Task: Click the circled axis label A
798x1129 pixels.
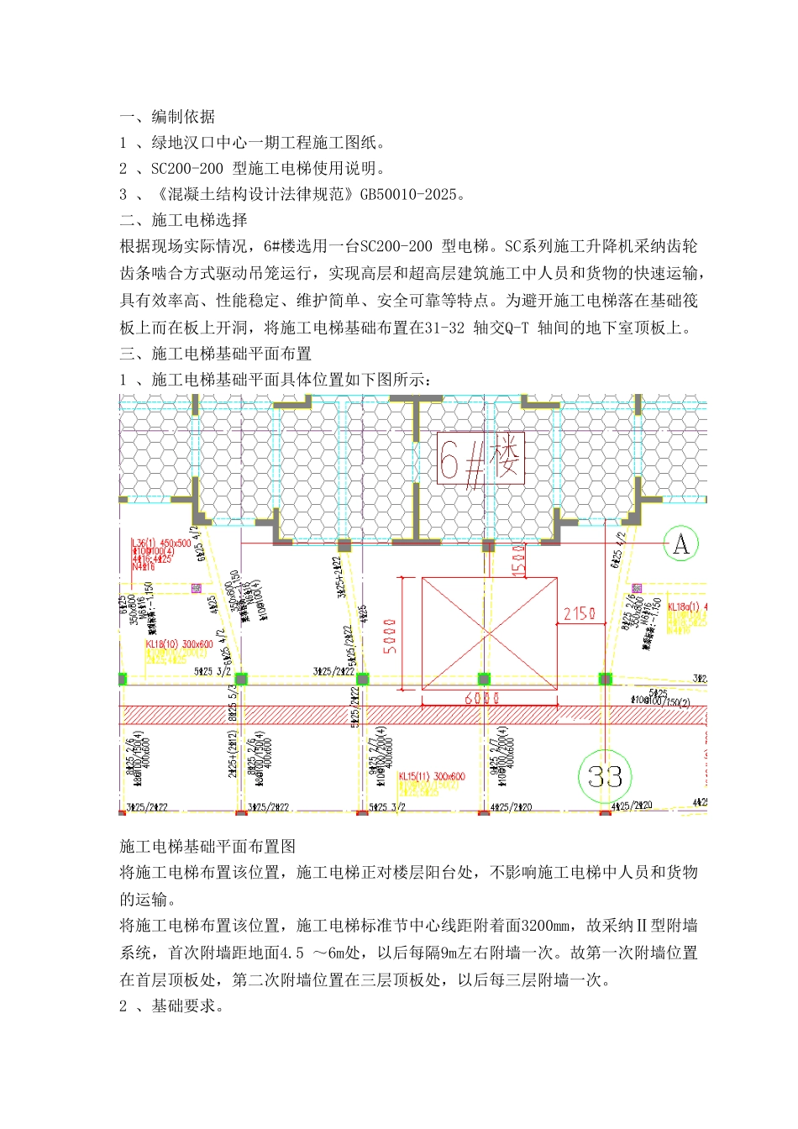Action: pyautogui.click(x=680, y=544)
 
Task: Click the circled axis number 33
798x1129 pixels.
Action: pyautogui.click(x=605, y=777)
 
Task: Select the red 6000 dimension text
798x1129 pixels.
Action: pyautogui.click(x=482, y=698)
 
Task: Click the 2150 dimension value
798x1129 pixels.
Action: pyautogui.click(x=580, y=614)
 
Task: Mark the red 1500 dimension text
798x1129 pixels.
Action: pyautogui.click(x=518, y=558)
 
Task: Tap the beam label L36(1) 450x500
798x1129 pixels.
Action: pyautogui.click(x=161, y=543)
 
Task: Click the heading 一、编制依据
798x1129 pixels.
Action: pyautogui.click(x=167, y=116)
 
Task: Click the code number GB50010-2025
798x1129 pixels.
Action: pyautogui.click(x=409, y=195)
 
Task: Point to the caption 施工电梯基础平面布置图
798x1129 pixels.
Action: pyautogui.click(x=207, y=847)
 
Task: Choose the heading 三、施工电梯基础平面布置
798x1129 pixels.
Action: pyautogui.click(x=215, y=354)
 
